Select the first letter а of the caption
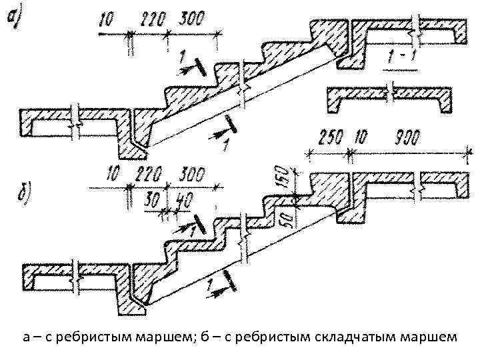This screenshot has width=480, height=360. (25, 338)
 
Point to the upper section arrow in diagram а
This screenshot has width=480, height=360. (193, 65)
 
